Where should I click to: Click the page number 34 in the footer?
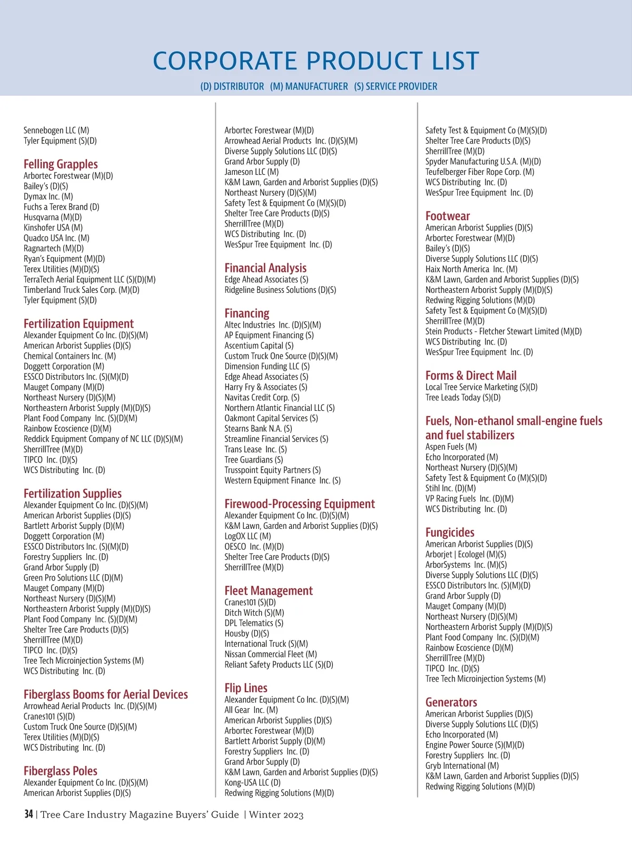28,814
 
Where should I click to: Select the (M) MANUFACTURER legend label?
309,86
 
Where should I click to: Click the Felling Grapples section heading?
61,164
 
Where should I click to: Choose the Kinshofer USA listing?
53,228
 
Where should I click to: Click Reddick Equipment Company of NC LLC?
103,439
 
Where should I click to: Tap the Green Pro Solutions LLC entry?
73,578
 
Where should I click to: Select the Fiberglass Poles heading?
60,771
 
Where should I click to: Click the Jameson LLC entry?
251,172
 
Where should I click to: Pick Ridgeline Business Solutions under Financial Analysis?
280,290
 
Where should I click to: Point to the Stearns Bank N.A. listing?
258,428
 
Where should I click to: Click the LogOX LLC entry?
248,536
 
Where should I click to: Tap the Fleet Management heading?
268,591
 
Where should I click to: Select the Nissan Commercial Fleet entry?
270,654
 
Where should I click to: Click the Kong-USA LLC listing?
252,782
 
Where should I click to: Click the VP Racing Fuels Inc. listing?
469,498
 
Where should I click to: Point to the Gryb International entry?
462,766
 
